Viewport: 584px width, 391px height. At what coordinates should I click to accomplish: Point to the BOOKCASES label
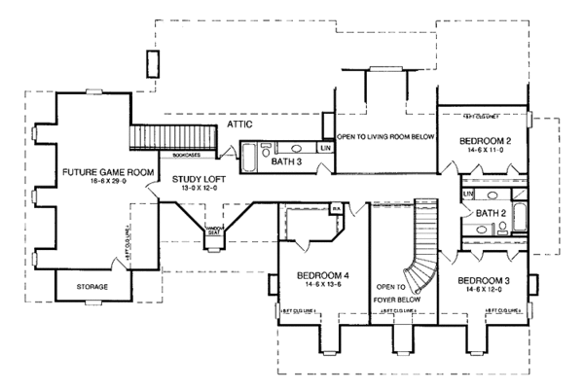188,154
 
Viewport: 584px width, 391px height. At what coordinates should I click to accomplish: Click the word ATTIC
239,125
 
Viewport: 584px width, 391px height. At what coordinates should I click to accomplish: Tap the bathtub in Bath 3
249,156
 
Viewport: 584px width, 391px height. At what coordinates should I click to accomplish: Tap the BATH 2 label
489,213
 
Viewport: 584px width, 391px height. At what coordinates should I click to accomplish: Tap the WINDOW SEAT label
214,231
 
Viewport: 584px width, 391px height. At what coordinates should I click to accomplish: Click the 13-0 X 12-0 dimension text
199,191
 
